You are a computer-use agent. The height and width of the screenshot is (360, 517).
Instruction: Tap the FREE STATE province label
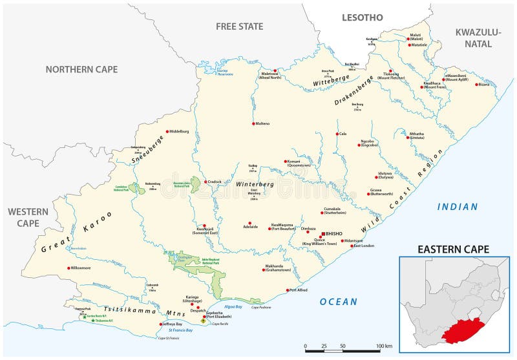click(x=240, y=26)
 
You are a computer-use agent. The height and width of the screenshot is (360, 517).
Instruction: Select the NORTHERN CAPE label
click(x=81, y=69)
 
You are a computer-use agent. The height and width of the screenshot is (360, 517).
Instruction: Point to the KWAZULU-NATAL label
click(x=482, y=38)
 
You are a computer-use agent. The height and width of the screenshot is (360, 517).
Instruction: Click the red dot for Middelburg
click(x=167, y=131)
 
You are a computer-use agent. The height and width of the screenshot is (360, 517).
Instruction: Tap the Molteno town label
click(x=262, y=123)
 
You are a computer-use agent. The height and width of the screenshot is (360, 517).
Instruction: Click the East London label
click(x=363, y=246)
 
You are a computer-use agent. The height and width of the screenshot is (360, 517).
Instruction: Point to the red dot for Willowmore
click(x=69, y=268)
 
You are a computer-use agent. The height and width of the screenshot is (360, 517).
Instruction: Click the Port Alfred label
click(x=298, y=290)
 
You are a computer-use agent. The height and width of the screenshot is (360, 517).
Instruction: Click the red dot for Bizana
click(x=478, y=85)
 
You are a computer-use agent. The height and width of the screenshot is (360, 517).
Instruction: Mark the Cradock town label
click(x=215, y=182)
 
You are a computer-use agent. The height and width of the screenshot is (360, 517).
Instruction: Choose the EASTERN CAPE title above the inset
click(x=452, y=249)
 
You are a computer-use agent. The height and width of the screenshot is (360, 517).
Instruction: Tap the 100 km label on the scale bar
click(x=384, y=346)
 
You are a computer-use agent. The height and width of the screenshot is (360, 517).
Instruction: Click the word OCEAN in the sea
click(x=338, y=301)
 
